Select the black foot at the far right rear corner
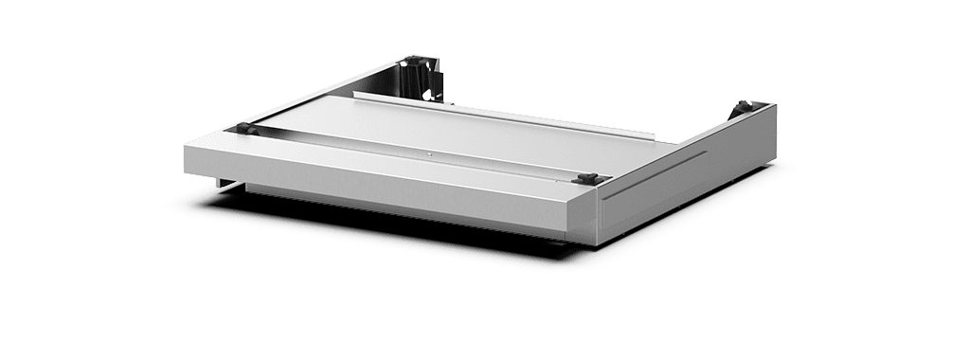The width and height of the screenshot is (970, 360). (741, 108)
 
